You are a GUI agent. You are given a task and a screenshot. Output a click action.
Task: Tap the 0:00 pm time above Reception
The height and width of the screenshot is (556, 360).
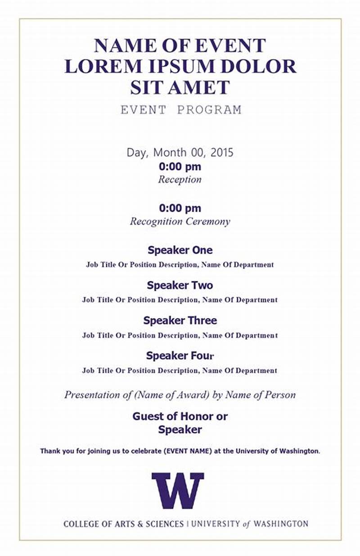click(x=180, y=167)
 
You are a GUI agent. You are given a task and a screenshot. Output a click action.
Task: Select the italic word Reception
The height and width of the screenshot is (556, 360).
click(x=180, y=180)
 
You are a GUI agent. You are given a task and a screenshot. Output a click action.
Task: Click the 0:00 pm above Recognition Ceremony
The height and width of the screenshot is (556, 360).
click(x=180, y=208)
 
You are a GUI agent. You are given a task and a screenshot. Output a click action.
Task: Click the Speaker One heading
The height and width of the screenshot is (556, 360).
click(x=180, y=250)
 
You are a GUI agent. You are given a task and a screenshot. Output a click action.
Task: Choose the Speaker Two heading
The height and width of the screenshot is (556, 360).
click(x=180, y=285)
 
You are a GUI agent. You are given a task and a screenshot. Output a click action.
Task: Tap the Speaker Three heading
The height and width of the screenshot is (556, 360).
click(x=180, y=321)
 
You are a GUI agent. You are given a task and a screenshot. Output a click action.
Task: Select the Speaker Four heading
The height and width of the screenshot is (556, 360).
click(x=180, y=356)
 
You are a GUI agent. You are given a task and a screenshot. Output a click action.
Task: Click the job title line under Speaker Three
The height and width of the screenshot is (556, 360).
click(x=180, y=335)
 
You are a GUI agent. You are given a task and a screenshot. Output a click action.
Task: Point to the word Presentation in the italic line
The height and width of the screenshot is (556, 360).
click(x=92, y=395)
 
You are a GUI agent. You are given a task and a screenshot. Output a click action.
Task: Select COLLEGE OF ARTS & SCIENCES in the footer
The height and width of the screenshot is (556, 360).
click(x=123, y=524)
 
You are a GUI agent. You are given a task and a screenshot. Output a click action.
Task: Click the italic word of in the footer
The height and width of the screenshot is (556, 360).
click(x=246, y=524)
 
